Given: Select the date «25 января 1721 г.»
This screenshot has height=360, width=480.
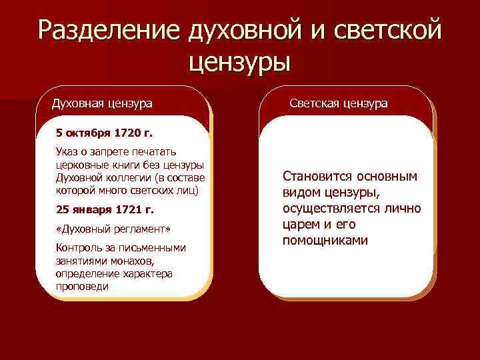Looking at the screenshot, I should [105, 209].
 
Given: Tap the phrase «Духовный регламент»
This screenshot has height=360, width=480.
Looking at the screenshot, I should [113, 229].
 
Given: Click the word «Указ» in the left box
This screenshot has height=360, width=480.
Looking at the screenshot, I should [68, 153].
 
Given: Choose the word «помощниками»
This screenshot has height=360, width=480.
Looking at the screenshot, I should [325, 239].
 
